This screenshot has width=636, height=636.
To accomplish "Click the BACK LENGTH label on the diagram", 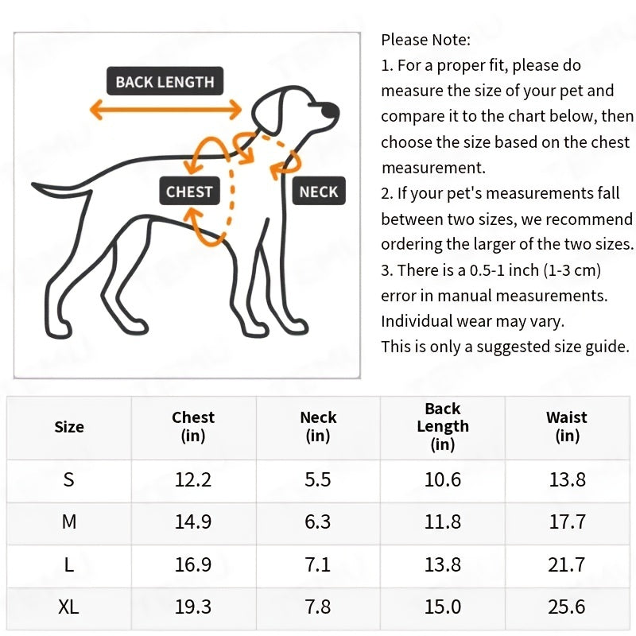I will [165, 82].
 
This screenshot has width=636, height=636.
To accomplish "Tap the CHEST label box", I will [189, 192].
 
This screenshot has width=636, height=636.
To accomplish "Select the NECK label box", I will [319, 192].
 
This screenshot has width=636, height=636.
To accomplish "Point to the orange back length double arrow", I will [165, 109].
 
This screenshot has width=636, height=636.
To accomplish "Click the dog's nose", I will [335, 109].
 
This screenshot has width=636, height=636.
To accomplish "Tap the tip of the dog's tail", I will [36, 190].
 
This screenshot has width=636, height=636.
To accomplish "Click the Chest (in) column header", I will [193, 426].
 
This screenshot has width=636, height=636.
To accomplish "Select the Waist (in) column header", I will [567, 426].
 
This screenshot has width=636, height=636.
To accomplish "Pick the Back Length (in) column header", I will [443, 426].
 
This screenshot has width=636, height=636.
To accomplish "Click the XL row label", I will [69, 607].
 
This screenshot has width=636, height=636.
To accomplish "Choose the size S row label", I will [69, 479].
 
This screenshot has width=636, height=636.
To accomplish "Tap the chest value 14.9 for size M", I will [193, 522].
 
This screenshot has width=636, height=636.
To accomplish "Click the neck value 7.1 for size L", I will [318, 564].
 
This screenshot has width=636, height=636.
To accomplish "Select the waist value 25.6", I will [567, 607].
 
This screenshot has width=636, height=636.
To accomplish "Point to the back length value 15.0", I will [443, 607].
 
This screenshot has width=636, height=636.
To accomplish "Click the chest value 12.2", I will [193, 479].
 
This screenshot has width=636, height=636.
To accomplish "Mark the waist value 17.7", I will [567, 522].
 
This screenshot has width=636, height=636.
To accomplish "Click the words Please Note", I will [426, 39].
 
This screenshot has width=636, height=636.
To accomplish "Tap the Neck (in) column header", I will [318, 426].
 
